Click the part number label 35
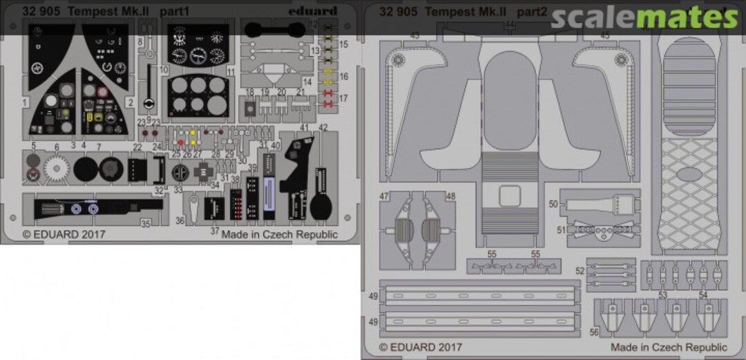point(145,223)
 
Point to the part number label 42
point(323,128)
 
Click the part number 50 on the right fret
point(553,204)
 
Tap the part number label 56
point(594,332)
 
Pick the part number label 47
point(384,196)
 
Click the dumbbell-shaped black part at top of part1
point(274,29)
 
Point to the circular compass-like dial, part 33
point(180,171)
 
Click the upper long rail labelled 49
point(480,296)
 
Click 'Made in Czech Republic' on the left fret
point(279,234)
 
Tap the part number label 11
point(231,72)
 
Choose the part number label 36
point(180,220)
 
